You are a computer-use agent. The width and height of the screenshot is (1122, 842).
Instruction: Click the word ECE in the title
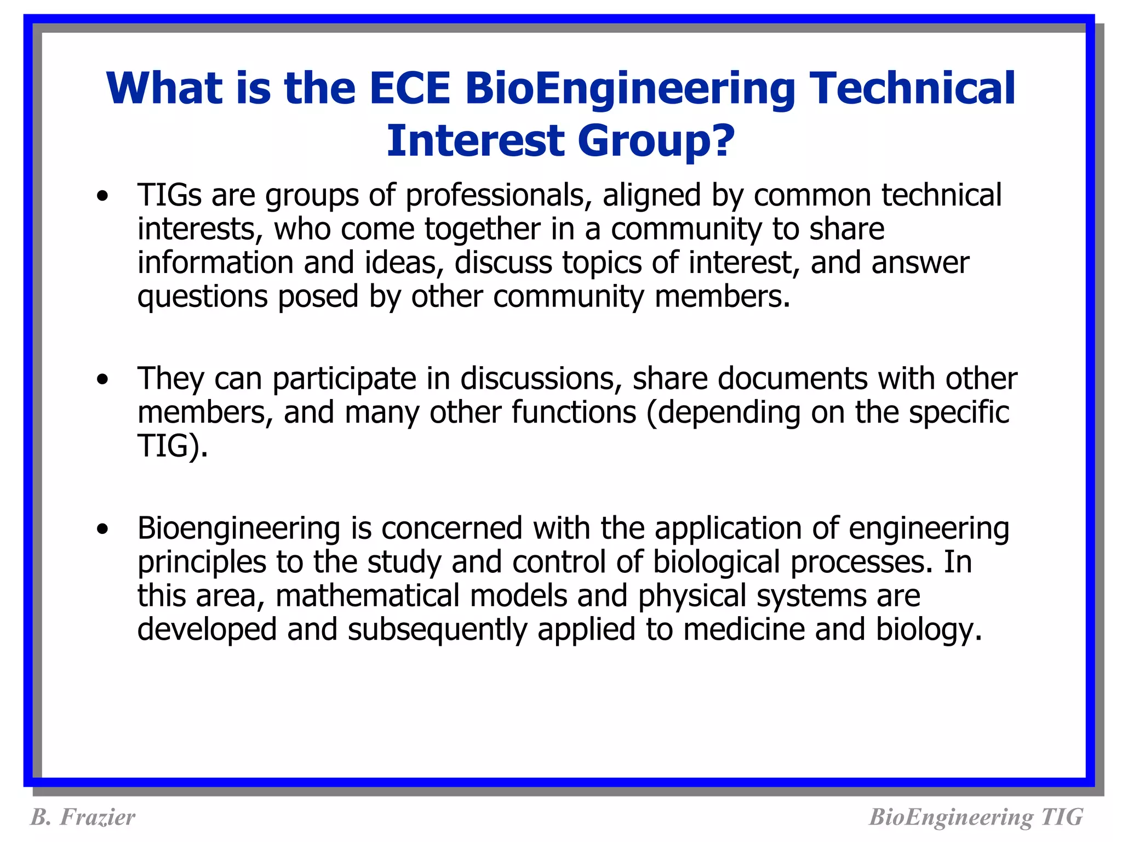[x=410, y=89]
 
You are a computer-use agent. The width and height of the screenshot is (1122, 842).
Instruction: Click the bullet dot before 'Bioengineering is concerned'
[x=102, y=530]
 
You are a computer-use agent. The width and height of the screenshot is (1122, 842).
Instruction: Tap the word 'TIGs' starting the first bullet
[x=169, y=195]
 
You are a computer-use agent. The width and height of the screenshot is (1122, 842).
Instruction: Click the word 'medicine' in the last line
[x=744, y=629]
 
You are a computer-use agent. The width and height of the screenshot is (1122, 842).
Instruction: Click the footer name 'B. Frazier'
[x=83, y=817]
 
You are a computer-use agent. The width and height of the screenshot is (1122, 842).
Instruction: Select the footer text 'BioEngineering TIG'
[x=976, y=817]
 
